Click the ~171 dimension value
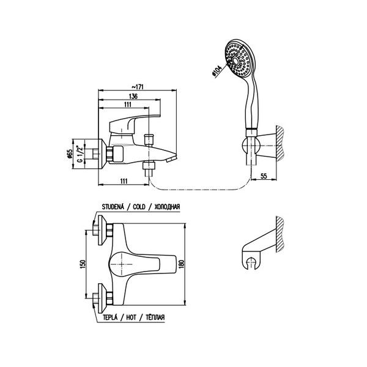137,87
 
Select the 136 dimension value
133,96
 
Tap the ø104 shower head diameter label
217,72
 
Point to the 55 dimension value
264,176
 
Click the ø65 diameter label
70,154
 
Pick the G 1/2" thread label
80,154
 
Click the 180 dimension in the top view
183,264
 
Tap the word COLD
139,207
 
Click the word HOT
131,317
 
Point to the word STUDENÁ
113,207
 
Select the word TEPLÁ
110,317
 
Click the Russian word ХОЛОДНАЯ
168,207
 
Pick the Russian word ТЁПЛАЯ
155,317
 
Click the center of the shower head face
236,61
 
